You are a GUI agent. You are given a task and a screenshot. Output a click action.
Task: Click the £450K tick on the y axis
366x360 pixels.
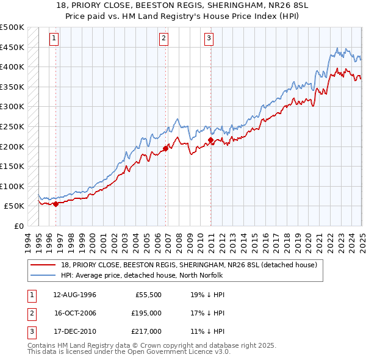(12, 47)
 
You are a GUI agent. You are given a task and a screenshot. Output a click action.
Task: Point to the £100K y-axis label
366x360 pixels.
(12, 186)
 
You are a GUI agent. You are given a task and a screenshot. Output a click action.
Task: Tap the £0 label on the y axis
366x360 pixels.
(18, 226)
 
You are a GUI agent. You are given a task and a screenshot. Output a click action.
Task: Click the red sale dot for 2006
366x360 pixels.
(165, 148)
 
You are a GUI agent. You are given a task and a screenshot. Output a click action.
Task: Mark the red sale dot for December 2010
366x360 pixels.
(210, 140)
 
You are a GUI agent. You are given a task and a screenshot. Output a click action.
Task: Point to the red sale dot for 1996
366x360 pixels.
(56, 204)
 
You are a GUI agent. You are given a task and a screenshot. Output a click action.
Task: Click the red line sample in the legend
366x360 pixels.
(43, 265)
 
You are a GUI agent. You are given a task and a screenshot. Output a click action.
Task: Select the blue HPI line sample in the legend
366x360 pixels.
(43, 275)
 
